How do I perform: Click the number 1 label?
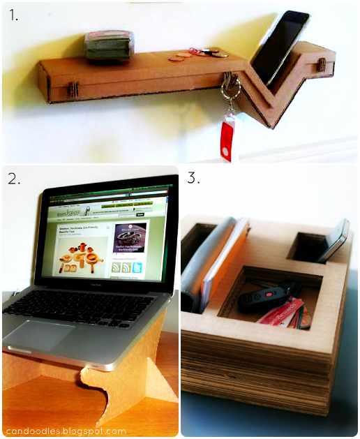click(x=14, y=15)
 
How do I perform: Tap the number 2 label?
click(x=15, y=179)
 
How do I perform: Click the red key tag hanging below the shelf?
click(x=227, y=140)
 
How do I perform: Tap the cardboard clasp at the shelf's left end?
click(x=71, y=89)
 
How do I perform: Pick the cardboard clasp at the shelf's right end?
click(x=322, y=64)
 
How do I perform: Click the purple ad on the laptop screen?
click(x=130, y=239)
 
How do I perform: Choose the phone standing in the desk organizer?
click(x=334, y=241)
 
